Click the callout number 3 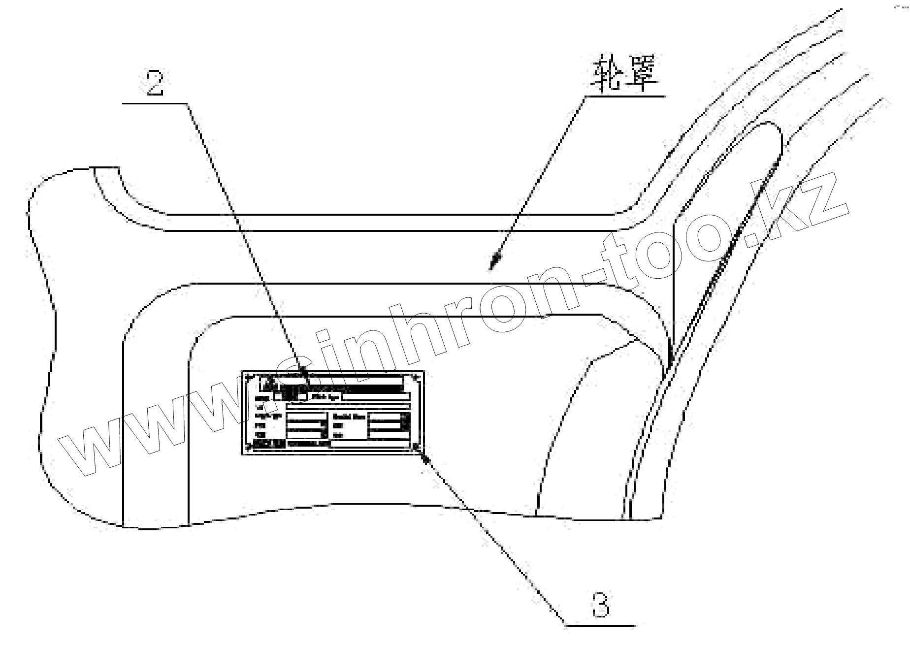(x=600, y=605)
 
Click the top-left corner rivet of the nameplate (x=248, y=377)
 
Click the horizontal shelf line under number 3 (x=600, y=626)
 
